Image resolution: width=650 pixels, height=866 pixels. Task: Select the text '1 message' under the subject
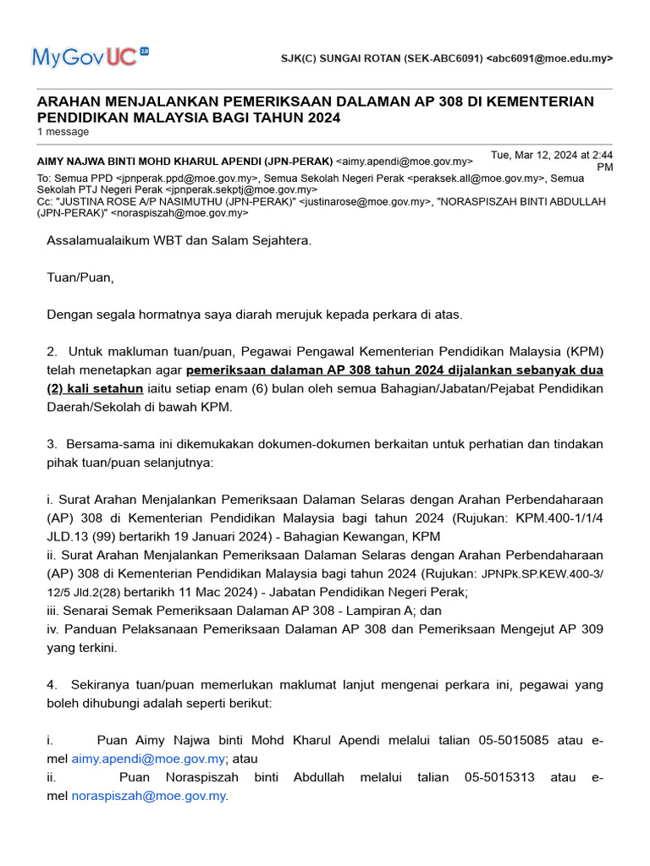coord(63,132)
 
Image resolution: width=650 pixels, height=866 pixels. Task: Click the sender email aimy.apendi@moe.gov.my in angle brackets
coord(405,161)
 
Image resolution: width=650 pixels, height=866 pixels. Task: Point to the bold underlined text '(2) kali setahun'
coord(95,388)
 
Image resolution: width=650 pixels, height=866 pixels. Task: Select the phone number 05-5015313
coord(499,776)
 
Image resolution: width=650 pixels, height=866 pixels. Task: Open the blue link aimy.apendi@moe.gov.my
coord(148,759)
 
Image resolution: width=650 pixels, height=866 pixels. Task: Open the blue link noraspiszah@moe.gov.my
coord(149,796)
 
